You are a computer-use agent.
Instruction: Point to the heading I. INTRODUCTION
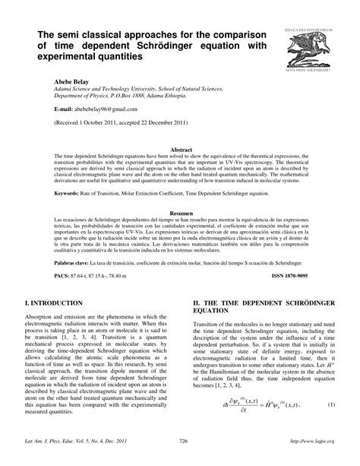[61, 303]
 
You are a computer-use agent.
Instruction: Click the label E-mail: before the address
[62, 108]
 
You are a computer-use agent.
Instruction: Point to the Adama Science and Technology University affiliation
[149, 87]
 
